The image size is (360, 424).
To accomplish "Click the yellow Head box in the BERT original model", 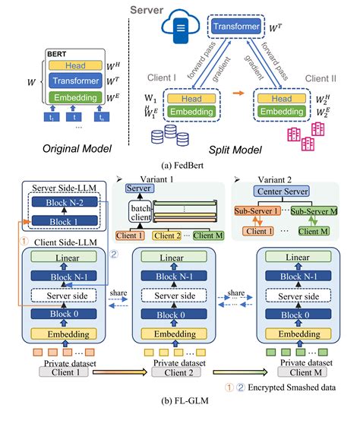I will pos(74,67).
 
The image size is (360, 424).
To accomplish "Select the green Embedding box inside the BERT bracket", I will pos(74,98).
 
